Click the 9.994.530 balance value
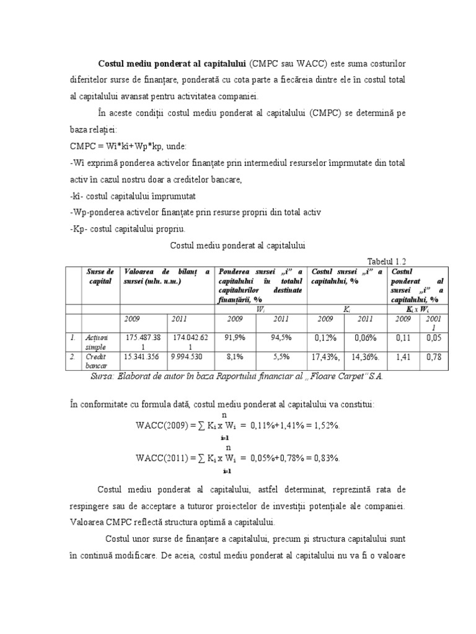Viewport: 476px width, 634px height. click(190, 357)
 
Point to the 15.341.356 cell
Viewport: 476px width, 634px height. click(144, 357)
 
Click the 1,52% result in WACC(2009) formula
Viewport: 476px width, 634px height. click(326, 425)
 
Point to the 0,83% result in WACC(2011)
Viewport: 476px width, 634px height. click(326, 458)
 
